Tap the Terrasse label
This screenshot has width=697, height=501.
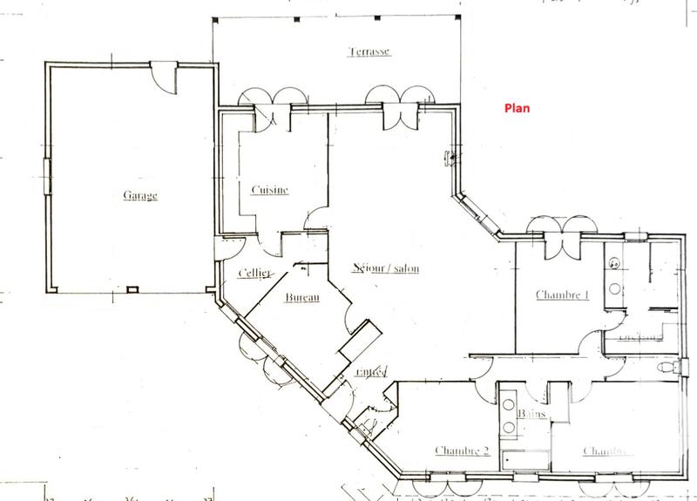[x=368, y=51]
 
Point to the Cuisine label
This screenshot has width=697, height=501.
[x=269, y=191]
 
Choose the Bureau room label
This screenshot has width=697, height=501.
[x=303, y=299]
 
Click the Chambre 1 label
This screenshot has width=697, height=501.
[x=562, y=295]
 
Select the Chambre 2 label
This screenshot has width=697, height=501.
[x=461, y=450]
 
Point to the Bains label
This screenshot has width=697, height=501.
[x=531, y=413]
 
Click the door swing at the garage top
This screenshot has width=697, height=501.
[x=163, y=76]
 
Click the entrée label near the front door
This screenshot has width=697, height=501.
[x=370, y=372]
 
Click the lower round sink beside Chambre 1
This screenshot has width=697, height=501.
[x=613, y=287]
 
